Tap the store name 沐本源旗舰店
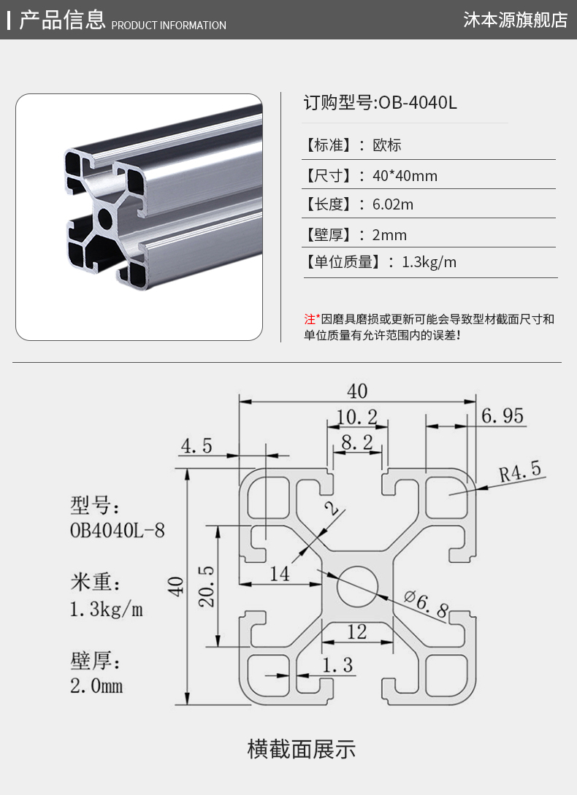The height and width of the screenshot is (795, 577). (x=515, y=20)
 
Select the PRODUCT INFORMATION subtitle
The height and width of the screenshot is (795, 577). (x=169, y=26)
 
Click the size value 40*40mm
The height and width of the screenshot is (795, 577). (x=405, y=176)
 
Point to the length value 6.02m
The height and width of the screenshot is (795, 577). (x=393, y=204)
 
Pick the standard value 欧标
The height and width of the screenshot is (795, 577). (x=387, y=145)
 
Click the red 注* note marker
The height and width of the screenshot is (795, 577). (x=312, y=319)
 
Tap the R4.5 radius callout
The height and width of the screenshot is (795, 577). (x=520, y=472)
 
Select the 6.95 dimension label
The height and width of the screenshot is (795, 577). (x=503, y=416)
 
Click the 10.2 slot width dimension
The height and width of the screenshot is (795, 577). (x=356, y=418)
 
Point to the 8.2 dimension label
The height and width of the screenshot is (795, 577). (x=356, y=442)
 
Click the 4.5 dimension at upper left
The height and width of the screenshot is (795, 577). (x=196, y=446)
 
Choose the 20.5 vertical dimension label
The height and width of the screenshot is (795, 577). (x=205, y=586)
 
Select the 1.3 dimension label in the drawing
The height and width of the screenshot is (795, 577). (x=337, y=665)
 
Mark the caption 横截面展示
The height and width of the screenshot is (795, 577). (x=301, y=749)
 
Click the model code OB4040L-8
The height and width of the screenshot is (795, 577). (x=117, y=529)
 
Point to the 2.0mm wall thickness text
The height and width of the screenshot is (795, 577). (x=96, y=686)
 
